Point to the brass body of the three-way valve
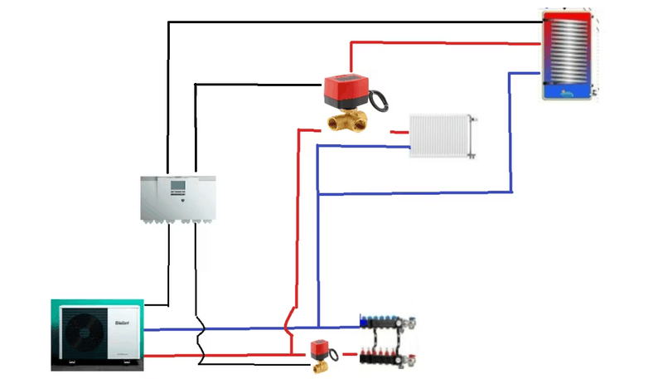tap(349, 122)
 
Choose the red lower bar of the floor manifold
tap(390, 360)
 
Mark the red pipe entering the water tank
tap(448, 41)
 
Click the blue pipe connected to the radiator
tap(365, 148)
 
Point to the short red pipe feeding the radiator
tap(399, 131)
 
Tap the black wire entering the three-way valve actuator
tap(257, 83)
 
